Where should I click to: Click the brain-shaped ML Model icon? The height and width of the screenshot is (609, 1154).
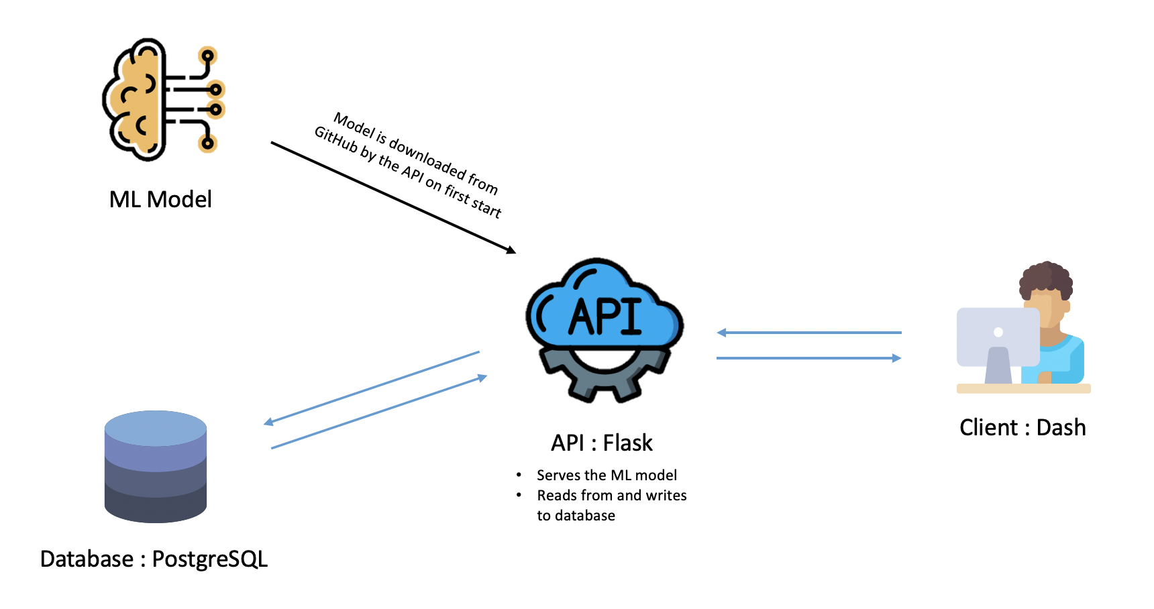click(164, 99)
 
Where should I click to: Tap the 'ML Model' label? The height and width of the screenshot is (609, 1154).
click(160, 199)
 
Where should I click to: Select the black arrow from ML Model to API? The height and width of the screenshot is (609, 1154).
click(393, 197)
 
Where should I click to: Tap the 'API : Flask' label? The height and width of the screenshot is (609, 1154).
click(602, 443)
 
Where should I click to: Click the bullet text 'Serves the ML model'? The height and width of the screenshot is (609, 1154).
click(607, 476)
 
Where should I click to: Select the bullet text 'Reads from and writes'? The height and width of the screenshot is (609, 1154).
click(612, 496)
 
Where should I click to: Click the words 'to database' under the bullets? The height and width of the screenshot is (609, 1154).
click(576, 516)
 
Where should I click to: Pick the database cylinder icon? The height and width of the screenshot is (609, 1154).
click(156, 467)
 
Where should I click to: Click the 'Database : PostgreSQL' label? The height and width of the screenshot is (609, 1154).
click(154, 559)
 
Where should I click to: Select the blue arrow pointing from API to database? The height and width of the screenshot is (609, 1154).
click(372, 388)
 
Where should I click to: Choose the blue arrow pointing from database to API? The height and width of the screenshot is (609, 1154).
click(379, 412)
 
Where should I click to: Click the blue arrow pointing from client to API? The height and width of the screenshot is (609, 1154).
click(809, 333)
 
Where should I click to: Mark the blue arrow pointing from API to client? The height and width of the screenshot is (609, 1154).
click(809, 358)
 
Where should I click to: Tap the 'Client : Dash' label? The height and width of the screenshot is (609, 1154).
click(1022, 427)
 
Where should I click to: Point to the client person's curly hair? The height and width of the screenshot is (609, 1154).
click(1046, 278)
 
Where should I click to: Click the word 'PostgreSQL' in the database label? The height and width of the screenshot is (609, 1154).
click(210, 559)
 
